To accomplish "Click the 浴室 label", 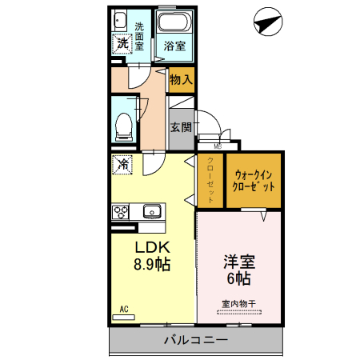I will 175,46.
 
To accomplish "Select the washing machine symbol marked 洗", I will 122,45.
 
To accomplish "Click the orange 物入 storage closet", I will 182,79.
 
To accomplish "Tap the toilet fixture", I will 124,122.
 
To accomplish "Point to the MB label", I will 217,146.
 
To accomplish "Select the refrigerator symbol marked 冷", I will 124,165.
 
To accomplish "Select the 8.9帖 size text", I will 150,263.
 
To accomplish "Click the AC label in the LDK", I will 124,309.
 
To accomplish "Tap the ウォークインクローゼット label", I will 254,181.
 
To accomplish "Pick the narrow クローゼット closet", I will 210,180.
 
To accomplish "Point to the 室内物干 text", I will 239,303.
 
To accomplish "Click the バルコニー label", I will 196,340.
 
